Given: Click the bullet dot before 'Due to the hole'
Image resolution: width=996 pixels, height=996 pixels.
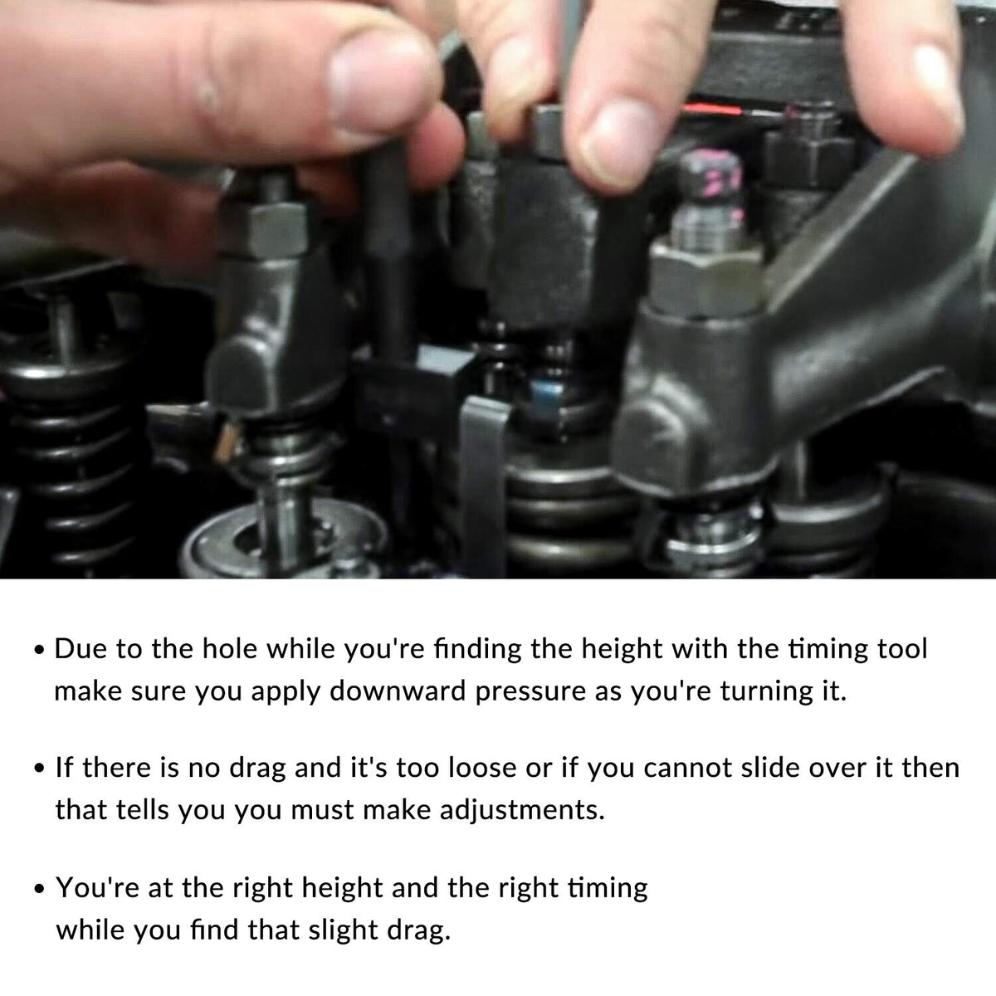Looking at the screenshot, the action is pos(39,651).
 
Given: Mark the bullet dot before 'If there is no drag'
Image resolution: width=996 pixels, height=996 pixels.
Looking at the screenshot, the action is pos(39,769).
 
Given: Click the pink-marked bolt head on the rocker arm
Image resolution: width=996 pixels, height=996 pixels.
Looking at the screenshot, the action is pos(710,183).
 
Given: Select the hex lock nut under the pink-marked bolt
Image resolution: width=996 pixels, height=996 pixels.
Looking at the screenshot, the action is pos(706,280).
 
